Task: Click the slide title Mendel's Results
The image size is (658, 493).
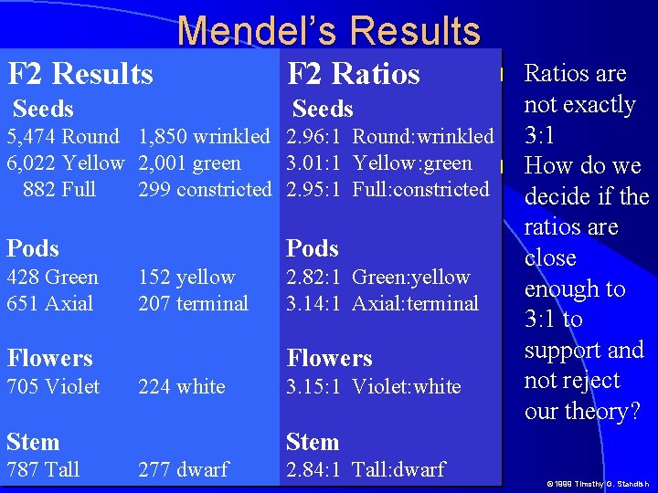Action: [x=329, y=30]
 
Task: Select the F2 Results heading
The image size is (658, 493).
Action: [x=80, y=73]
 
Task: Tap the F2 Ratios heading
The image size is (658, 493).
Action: [x=354, y=73]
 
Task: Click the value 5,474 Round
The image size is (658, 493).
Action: [x=63, y=137]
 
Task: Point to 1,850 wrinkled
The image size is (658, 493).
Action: [x=204, y=137]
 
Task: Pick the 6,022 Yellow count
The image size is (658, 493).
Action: [x=65, y=163]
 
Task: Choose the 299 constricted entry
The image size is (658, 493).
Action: [x=205, y=189]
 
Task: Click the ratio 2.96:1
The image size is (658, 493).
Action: [x=313, y=137]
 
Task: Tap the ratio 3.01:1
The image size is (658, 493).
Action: [x=313, y=163]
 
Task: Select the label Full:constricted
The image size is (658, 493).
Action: [x=421, y=189]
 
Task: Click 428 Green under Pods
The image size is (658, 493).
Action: [x=52, y=277]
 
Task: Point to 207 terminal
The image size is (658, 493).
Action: [x=193, y=303]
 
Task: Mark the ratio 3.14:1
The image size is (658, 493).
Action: [x=313, y=303]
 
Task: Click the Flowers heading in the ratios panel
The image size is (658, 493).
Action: [x=329, y=358]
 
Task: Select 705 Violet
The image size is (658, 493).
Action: [x=53, y=386]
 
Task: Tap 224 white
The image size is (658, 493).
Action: [x=181, y=386]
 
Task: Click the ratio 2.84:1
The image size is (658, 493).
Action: [x=313, y=469]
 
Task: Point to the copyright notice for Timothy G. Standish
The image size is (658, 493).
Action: [x=598, y=483]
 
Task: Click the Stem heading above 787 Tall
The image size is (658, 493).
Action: [x=33, y=442]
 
